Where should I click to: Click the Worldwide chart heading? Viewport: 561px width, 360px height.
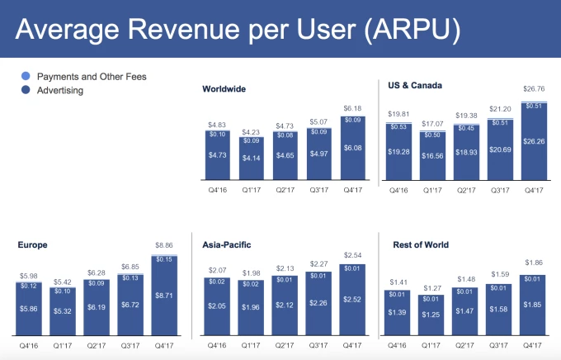pos(224,88)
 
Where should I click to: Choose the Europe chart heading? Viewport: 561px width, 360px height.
pos(32,244)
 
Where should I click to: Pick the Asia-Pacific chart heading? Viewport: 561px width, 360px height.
pos(228,244)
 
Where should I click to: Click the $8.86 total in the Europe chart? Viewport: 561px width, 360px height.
pos(163,245)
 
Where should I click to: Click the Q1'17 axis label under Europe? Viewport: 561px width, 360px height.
pos(62,347)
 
